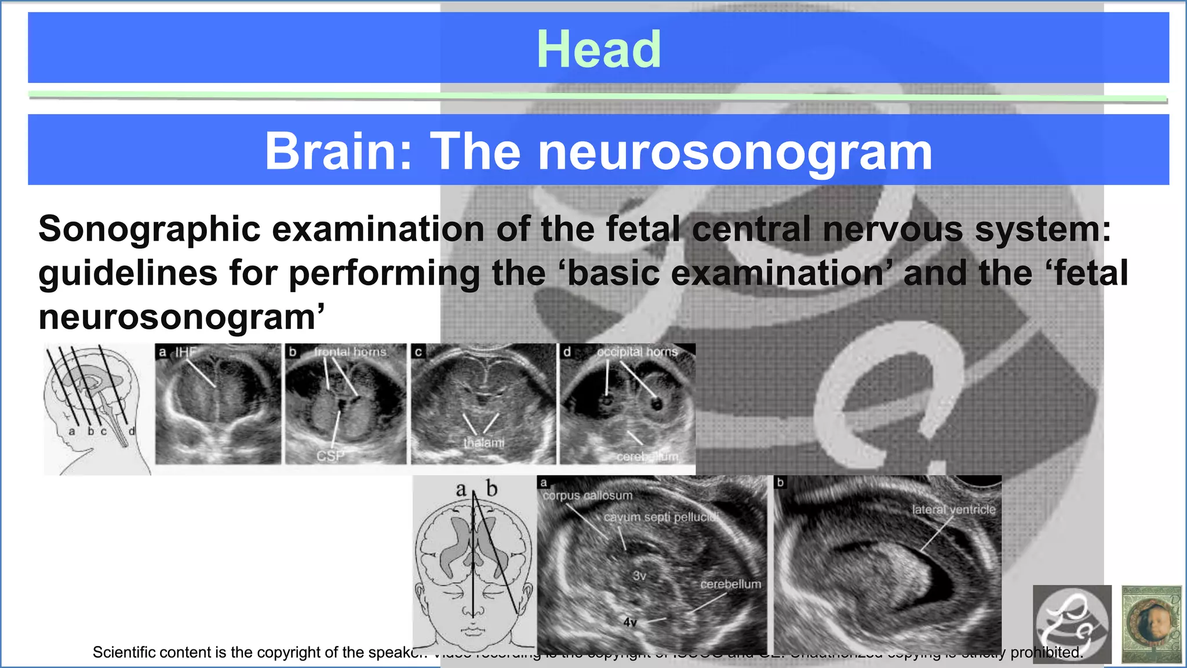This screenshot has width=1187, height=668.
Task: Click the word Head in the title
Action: click(599, 49)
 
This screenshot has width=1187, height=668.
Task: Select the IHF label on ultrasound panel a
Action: click(185, 351)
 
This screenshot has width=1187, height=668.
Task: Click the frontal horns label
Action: click(350, 351)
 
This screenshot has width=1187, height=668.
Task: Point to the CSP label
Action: click(330, 456)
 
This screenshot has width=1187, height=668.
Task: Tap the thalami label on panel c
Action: click(483, 442)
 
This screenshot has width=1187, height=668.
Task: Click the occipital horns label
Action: click(637, 351)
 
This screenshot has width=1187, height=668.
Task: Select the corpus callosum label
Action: click(587, 495)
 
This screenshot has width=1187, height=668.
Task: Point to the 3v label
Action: click(639, 575)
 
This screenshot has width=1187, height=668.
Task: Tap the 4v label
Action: click(630, 622)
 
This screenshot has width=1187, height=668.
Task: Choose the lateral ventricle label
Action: click(953, 509)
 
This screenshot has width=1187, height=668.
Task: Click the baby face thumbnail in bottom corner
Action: click(1151, 625)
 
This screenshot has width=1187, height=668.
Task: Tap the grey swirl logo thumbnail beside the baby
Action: click(1072, 625)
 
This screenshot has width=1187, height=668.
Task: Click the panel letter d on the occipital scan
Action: click(567, 351)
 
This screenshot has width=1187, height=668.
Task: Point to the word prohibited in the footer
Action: click(1046, 652)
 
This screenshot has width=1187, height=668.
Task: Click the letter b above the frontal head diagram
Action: click(491, 489)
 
